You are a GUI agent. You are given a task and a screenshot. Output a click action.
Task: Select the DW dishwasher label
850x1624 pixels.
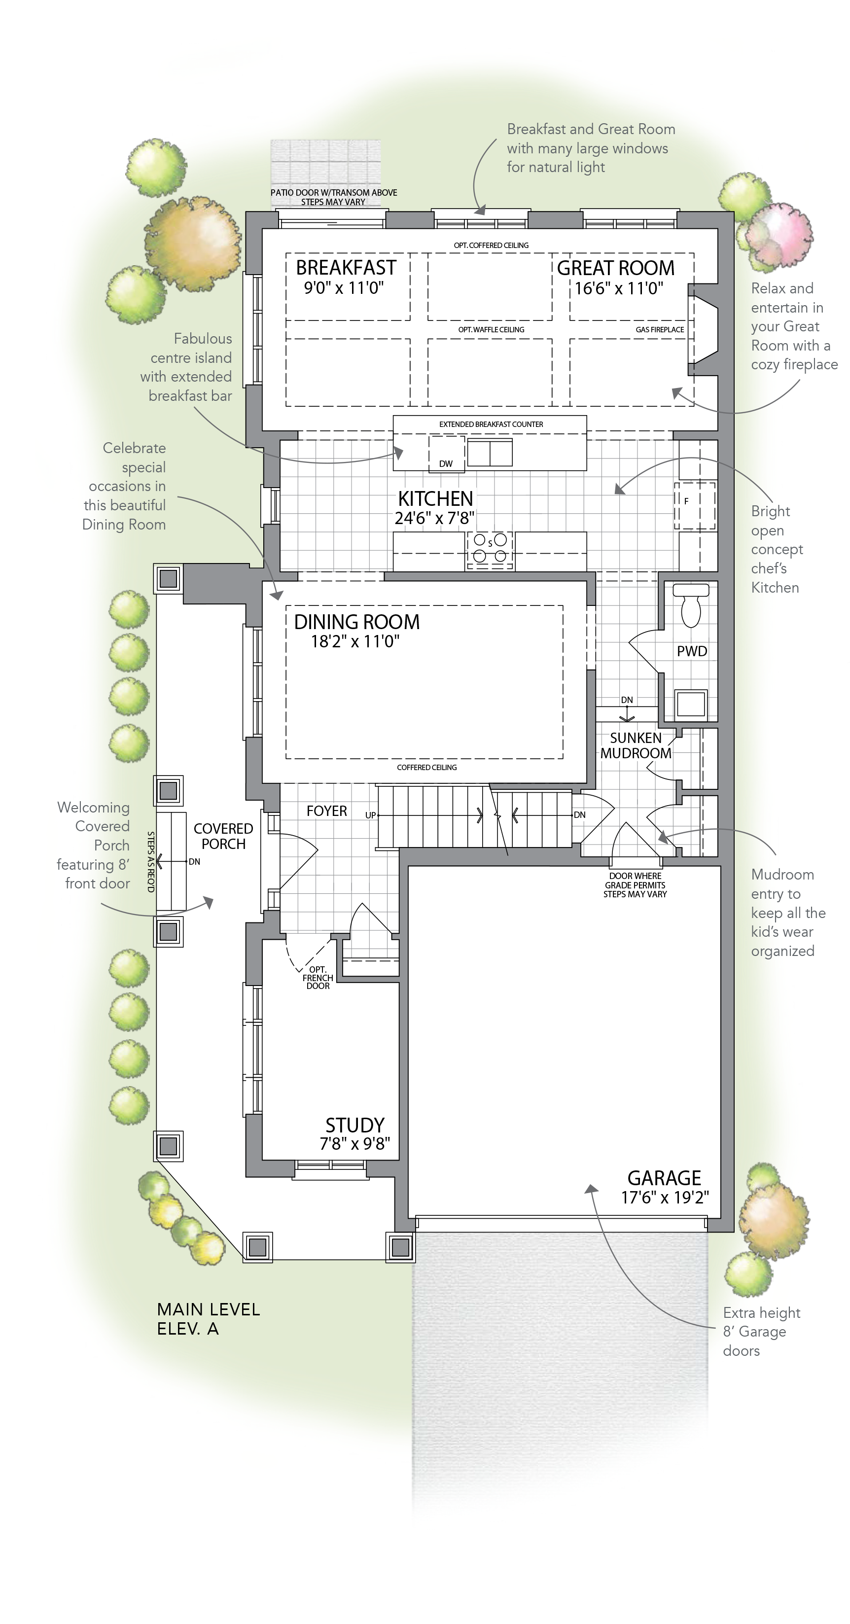click(446, 463)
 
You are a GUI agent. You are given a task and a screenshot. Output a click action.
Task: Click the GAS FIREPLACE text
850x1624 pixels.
click(660, 329)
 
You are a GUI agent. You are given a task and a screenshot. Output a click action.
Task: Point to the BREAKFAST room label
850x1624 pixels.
click(346, 267)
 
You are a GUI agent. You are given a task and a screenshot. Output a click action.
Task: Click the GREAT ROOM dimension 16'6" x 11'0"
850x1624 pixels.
click(619, 289)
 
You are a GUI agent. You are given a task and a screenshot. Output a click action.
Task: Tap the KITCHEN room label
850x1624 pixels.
click(435, 498)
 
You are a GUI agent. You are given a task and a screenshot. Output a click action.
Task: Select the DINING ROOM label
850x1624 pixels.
click(357, 622)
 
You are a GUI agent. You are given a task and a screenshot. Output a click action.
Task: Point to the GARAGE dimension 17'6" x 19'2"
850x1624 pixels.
click(665, 1197)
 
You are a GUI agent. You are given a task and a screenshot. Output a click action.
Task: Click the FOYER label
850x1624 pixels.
click(326, 811)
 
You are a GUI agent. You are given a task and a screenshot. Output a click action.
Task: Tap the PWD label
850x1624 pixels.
click(692, 651)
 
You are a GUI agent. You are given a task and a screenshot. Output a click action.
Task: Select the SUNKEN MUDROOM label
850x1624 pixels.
click(636, 745)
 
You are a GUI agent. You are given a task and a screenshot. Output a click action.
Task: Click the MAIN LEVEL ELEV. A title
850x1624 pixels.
click(208, 1319)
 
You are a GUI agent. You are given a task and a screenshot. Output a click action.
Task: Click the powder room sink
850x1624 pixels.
click(691, 703)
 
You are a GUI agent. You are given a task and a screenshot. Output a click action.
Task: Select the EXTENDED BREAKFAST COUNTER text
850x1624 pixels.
click(491, 424)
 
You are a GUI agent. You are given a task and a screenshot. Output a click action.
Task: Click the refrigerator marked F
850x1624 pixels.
click(695, 505)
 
